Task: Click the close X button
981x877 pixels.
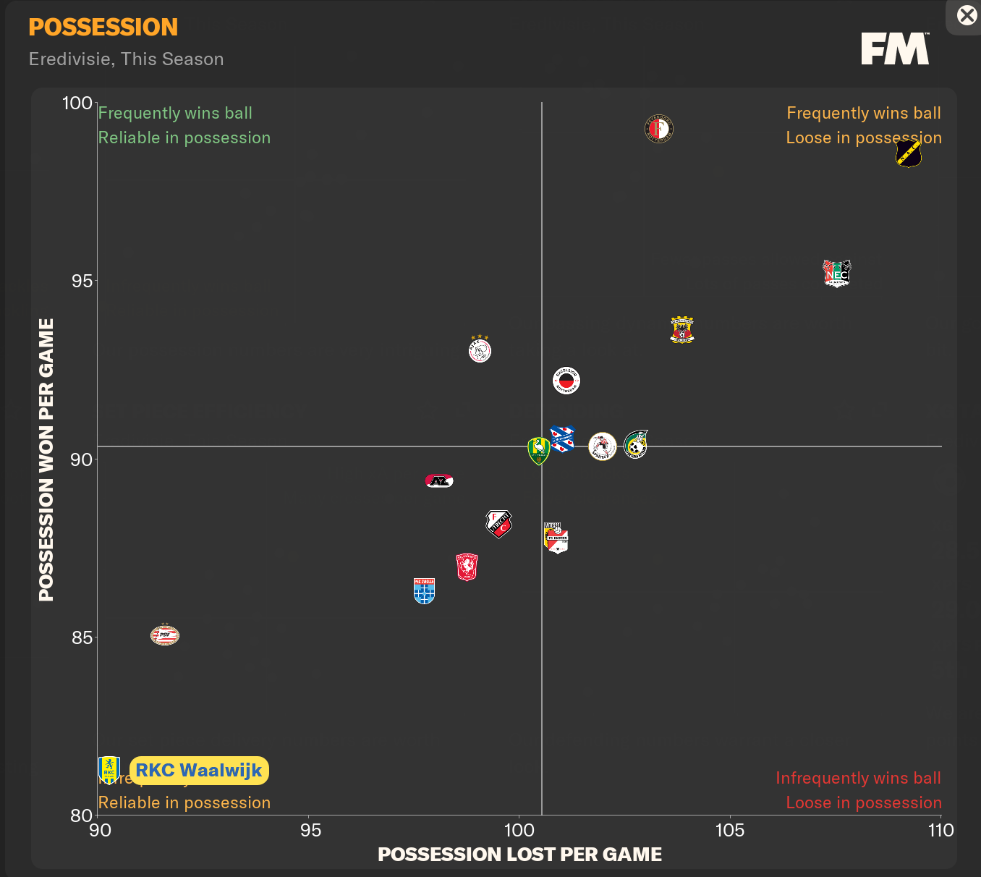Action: [x=967, y=15]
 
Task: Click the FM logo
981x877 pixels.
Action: [x=895, y=48]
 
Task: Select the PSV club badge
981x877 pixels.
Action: [x=165, y=635]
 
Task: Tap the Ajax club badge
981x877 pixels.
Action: [x=480, y=349]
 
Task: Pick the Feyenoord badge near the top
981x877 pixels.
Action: [x=659, y=129]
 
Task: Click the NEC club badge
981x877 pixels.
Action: [x=837, y=274]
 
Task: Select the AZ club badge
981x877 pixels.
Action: [x=439, y=481]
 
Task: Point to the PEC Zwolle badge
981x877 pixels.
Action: [x=424, y=590]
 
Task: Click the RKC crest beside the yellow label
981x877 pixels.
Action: [x=109, y=770]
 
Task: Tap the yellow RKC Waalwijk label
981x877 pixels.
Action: [x=199, y=771]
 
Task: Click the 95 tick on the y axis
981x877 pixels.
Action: [x=82, y=281]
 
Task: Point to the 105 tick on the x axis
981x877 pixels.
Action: [x=729, y=830]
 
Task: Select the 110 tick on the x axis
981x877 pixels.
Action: [x=940, y=830]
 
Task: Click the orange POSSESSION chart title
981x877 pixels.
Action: [x=103, y=27]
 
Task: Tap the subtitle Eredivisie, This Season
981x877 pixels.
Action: [x=127, y=59]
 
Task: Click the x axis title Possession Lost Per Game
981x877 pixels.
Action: [x=519, y=855]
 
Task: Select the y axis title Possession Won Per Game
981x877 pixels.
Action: [x=46, y=459]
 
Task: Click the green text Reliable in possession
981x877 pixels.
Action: [x=184, y=137]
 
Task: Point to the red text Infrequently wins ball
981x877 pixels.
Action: [x=858, y=778]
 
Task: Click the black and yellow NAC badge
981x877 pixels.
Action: [x=908, y=153]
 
